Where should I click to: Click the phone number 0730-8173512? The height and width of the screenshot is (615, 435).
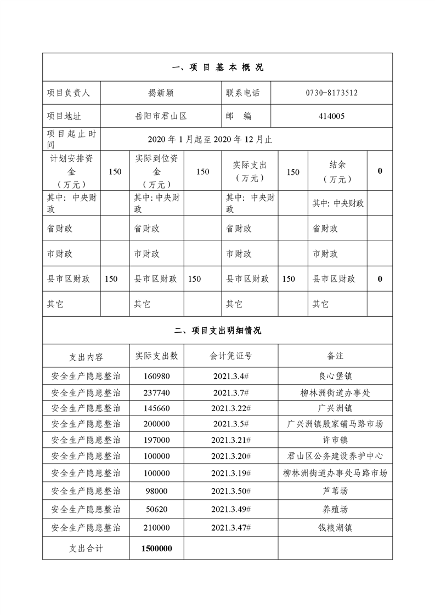pos(331,93)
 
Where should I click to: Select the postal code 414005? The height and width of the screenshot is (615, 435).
pos(331,116)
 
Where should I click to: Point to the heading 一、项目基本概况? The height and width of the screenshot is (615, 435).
pos(217,67)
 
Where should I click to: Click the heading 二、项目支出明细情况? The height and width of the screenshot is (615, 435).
pos(217,331)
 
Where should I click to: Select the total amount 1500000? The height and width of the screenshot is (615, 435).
pos(157,548)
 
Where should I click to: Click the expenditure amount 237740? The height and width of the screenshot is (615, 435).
pos(157,392)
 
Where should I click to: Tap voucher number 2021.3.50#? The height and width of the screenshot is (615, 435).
pos(231,491)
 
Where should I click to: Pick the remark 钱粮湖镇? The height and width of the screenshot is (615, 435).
pos(335,528)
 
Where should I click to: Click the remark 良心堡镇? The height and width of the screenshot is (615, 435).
pos(335,376)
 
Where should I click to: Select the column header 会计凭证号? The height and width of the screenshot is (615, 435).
pos(231,356)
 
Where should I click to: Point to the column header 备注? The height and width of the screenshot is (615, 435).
pos(335,356)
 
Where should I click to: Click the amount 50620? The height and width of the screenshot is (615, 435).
pos(157,509)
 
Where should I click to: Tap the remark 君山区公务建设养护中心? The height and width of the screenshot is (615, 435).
pos(335,456)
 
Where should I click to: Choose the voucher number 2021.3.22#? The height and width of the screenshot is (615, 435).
pos(231,408)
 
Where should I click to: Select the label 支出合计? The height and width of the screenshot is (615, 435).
pos(86,548)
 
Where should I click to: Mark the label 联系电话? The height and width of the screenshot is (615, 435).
pos(242,93)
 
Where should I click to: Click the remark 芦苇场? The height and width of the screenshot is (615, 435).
pos(335,491)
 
